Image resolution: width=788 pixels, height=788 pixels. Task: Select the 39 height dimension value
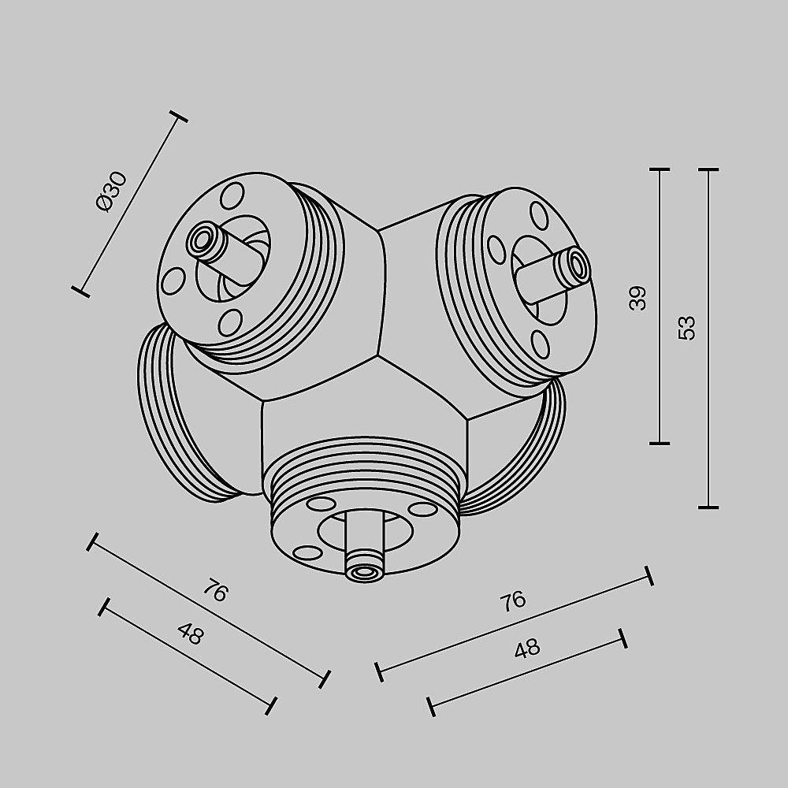coord(639,298)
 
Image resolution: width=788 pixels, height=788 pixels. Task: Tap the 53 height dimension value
coord(687,327)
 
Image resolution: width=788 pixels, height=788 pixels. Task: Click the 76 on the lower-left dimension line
coord(215,590)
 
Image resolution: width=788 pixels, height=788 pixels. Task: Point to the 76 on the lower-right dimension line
coord(512,601)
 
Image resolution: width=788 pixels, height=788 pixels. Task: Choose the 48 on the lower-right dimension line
coord(526,649)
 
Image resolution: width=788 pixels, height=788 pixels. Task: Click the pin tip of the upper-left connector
coord(203,240)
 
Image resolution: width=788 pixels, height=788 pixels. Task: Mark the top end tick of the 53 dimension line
coord(708,169)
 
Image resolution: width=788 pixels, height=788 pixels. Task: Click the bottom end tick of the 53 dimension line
coord(708,507)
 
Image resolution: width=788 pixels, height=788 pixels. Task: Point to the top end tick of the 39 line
coord(659,169)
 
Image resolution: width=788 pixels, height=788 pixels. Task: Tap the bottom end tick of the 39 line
coord(659,443)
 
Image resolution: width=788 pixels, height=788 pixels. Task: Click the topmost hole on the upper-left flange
coord(232,194)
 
